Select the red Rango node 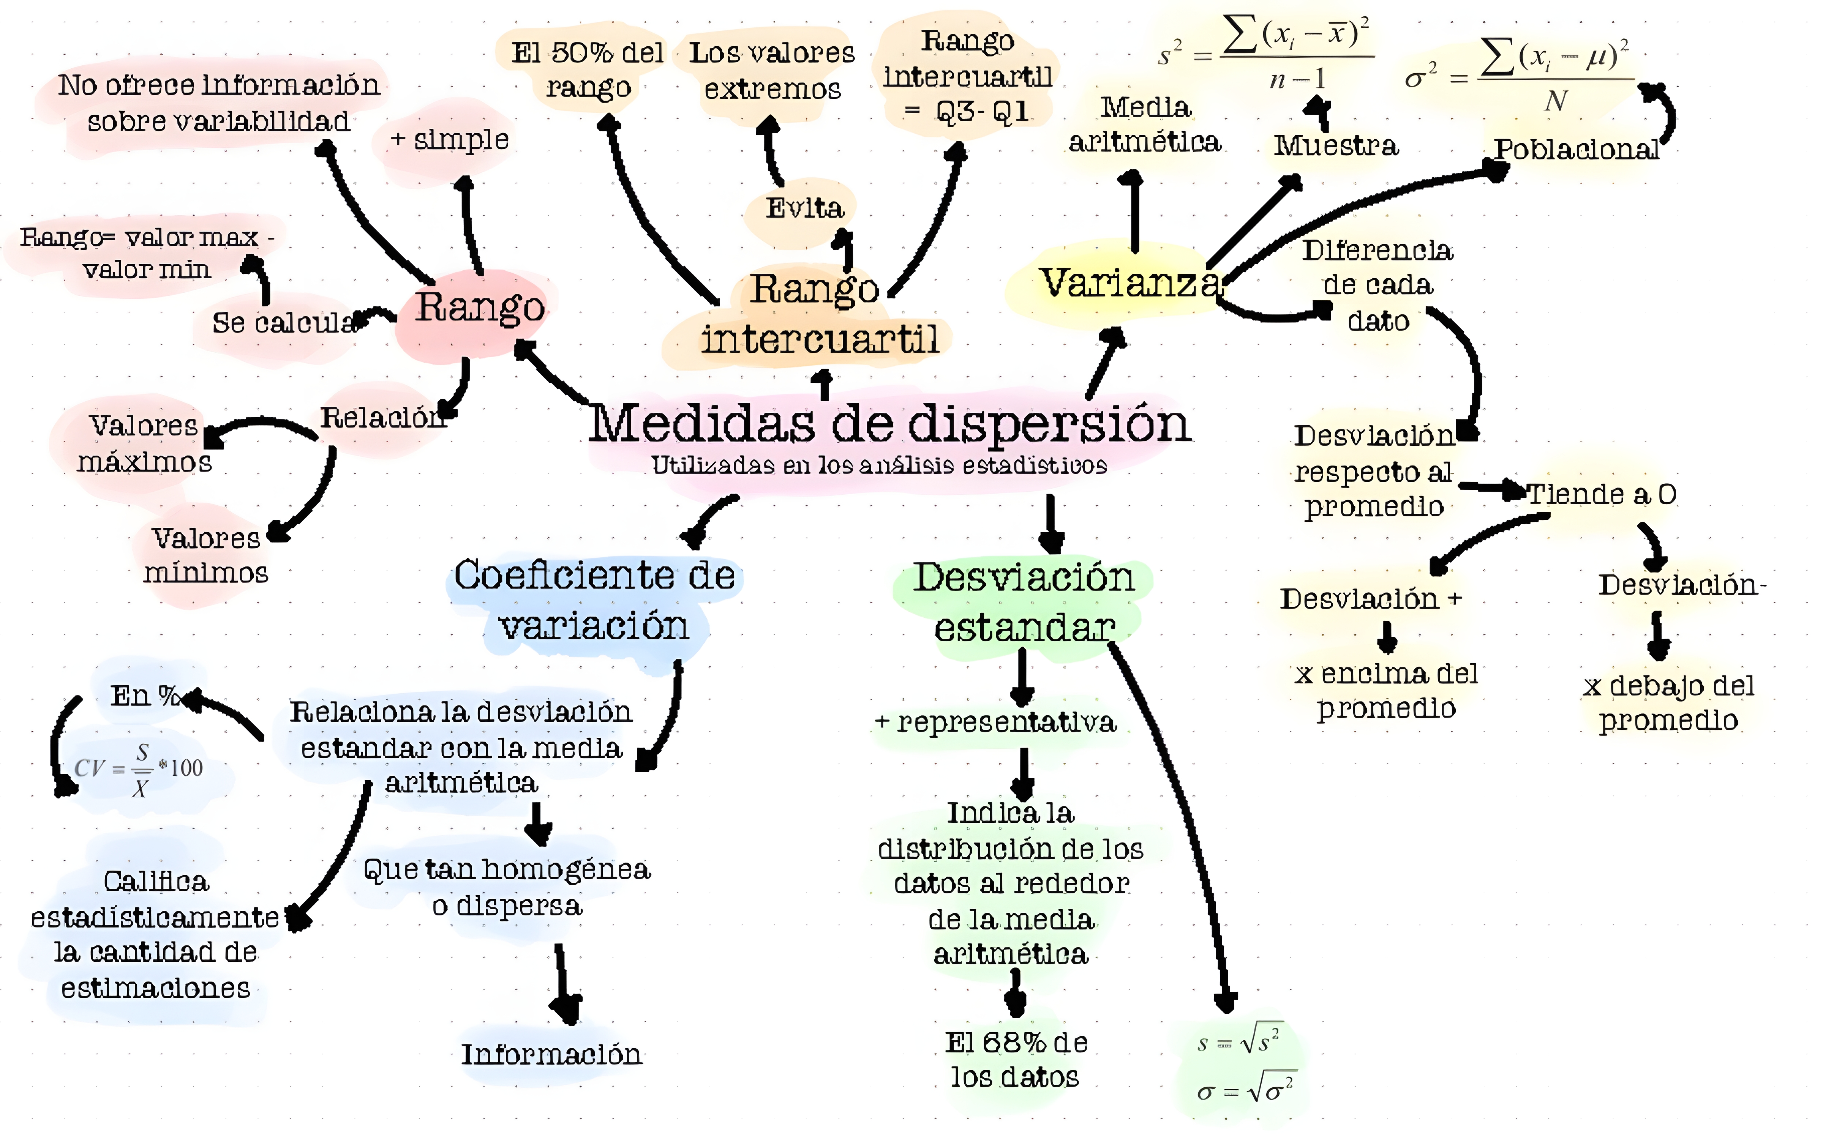480,308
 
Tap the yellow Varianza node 1130,283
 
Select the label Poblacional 1576,149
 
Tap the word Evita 804,208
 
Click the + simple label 450,139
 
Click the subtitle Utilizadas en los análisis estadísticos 879,465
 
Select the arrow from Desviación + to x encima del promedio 1387,637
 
